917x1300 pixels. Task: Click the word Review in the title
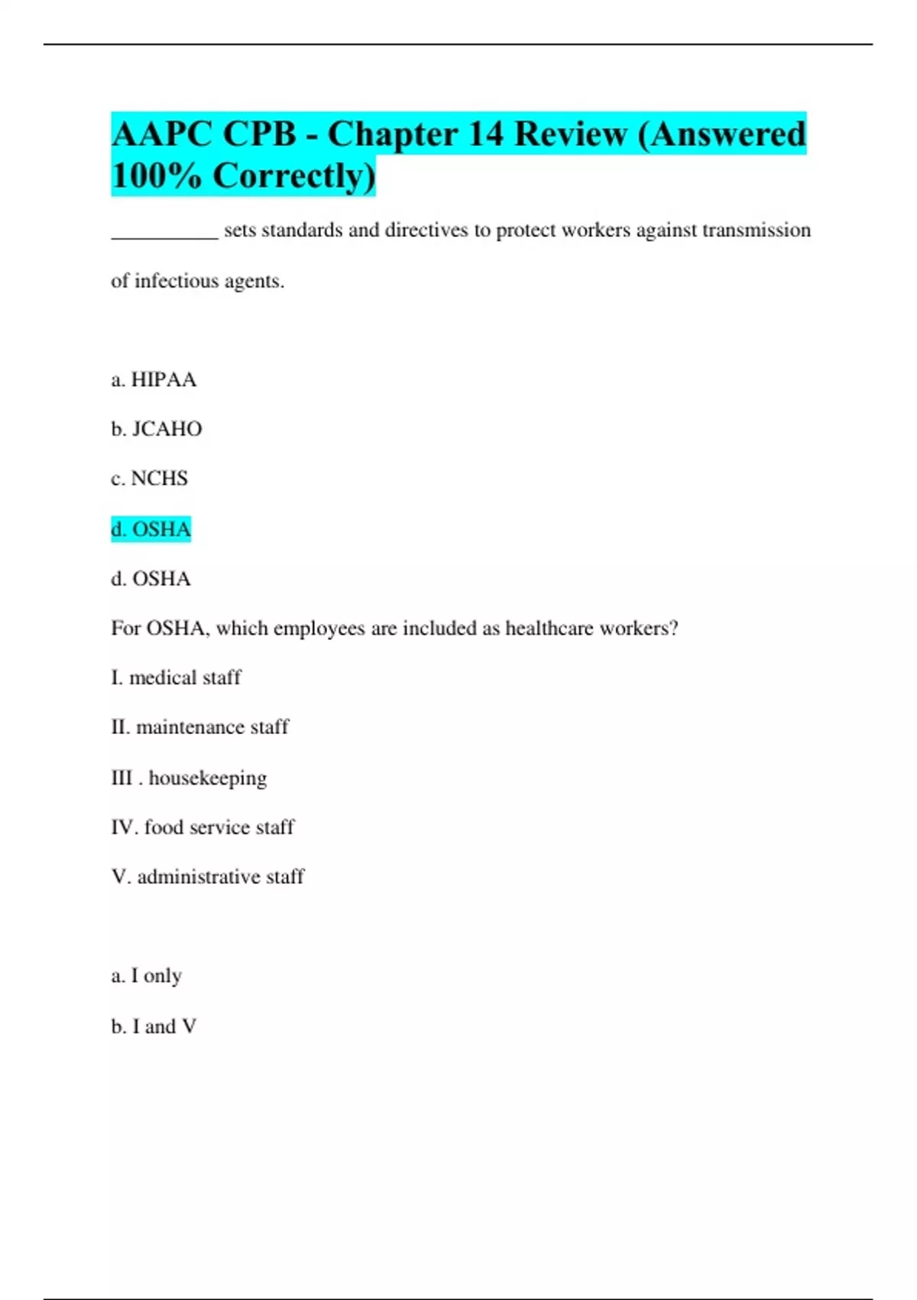pyautogui.click(x=570, y=135)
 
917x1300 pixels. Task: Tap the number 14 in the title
pyautogui.click(x=485, y=135)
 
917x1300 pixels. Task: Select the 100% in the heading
pyautogui.click(x=156, y=176)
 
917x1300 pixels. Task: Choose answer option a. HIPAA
pyautogui.click(x=154, y=379)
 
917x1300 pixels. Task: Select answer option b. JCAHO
pyautogui.click(x=157, y=429)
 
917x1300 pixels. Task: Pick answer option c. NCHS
pyautogui.click(x=149, y=479)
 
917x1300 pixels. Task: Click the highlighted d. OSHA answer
pyautogui.click(x=151, y=529)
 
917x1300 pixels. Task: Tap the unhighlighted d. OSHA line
pyautogui.click(x=151, y=579)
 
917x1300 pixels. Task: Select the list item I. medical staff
pyautogui.click(x=176, y=678)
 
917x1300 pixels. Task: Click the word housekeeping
pyautogui.click(x=207, y=778)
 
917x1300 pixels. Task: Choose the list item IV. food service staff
pyautogui.click(x=203, y=827)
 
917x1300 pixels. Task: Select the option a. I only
pyautogui.click(x=146, y=976)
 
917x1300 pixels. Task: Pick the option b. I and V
pyautogui.click(x=154, y=1026)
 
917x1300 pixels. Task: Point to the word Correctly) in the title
pyautogui.click(x=294, y=176)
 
